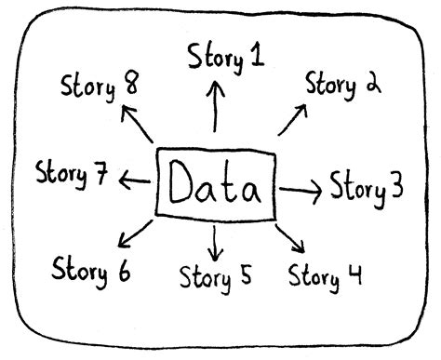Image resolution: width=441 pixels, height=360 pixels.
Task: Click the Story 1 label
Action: pos(225,58)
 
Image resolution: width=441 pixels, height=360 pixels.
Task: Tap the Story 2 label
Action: pos(343,87)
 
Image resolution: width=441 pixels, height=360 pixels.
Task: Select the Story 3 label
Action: pos(367,187)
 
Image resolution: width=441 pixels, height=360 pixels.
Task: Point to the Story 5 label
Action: pos(216,276)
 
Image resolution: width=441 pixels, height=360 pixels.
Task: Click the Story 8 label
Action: pos(100,90)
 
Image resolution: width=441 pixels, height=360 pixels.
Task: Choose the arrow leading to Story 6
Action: pos(136,235)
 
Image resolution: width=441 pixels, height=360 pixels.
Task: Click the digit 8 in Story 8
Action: pos(131,87)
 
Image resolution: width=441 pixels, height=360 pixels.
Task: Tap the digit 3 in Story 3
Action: pos(395,188)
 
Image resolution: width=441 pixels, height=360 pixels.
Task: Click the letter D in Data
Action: pos(180,184)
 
